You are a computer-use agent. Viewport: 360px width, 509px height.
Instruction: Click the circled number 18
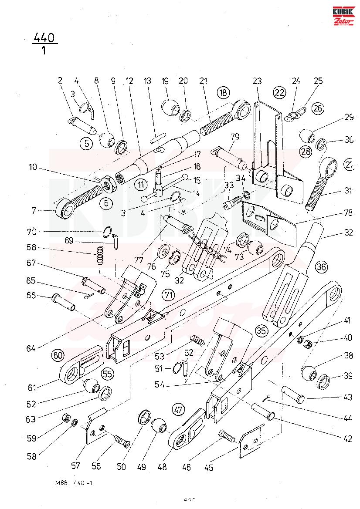pyautogui.click(x=223, y=92)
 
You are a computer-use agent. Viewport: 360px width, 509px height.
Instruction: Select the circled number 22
pyautogui.click(x=279, y=92)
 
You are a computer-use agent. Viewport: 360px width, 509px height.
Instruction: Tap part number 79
pyautogui.click(x=235, y=137)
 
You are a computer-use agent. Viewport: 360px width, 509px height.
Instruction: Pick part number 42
pyautogui.click(x=347, y=439)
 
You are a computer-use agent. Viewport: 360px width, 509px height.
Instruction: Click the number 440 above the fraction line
pyautogui.click(x=45, y=38)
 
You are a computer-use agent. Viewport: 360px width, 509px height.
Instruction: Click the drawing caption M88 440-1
pyautogui.click(x=74, y=483)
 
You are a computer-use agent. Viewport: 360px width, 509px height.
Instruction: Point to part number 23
pyautogui.click(x=257, y=81)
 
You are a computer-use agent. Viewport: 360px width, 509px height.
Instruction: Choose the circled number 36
pyautogui.click(x=321, y=267)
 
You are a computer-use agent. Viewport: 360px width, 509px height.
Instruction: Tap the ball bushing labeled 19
pyautogui.click(x=168, y=106)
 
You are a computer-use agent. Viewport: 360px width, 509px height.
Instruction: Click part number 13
pyautogui.click(x=147, y=81)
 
